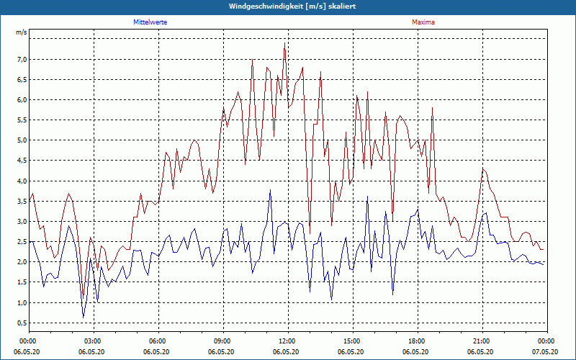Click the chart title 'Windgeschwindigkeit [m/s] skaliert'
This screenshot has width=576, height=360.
(x=287, y=6)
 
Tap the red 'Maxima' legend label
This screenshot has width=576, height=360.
(x=423, y=22)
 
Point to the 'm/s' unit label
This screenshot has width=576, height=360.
(x=22, y=33)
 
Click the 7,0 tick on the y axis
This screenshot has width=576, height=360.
(x=22, y=59)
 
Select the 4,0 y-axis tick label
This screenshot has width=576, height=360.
(x=22, y=181)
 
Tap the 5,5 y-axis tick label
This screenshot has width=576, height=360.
(x=22, y=120)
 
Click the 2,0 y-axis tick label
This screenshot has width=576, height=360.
(x=22, y=262)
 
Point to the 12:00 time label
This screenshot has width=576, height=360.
(x=287, y=341)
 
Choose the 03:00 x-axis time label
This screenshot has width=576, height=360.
(x=93, y=341)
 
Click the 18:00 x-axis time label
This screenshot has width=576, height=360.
(x=417, y=341)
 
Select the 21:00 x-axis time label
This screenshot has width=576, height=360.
(x=482, y=341)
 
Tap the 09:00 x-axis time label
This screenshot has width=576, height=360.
(x=222, y=341)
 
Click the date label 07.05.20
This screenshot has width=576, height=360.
(x=546, y=352)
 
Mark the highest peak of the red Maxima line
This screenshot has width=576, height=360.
(x=285, y=43)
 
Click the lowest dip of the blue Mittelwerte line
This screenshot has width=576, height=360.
(x=83, y=318)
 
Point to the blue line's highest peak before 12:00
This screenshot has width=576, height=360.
(x=270, y=190)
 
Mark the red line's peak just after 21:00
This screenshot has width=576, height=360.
(x=484, y=168)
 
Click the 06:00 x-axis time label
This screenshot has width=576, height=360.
(x=158, y=341)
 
